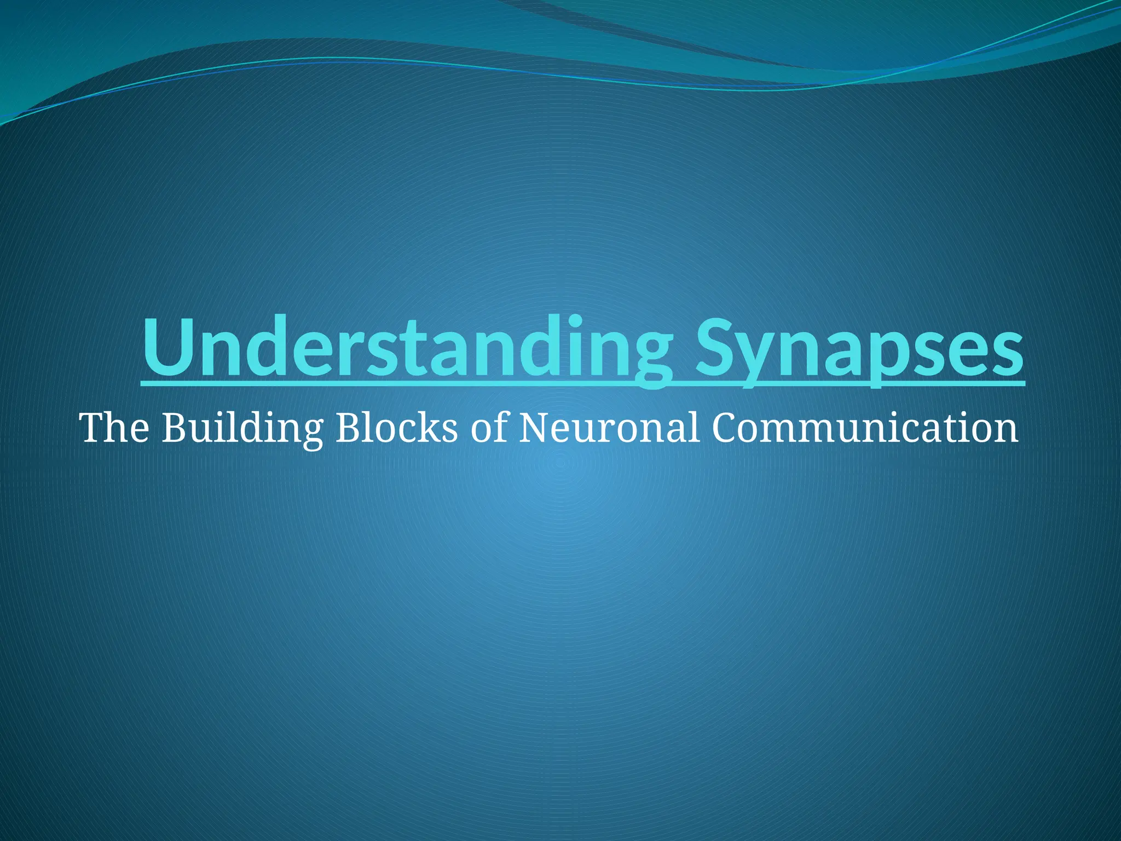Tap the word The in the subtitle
click(114, 428)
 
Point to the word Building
click(241, 429)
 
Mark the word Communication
click(865, 428)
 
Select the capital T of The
click(94, 428)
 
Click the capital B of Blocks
click(347, 428)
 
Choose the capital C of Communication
click(726, 428)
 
